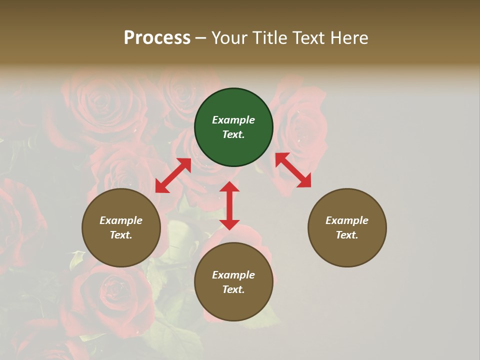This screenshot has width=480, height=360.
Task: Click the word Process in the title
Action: tap(157, 38)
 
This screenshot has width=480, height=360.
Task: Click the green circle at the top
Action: tap(233, 127)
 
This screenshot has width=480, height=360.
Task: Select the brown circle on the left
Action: tap(121, 227)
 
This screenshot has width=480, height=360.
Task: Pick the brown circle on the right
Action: tap(347, 227)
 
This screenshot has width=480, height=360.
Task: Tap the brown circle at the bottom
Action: tap(233, 282)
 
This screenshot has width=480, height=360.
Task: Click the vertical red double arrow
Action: tap(229, 205)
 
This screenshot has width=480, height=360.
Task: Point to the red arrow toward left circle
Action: tap(173, 175)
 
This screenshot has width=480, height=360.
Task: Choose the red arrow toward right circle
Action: tap(293, 170)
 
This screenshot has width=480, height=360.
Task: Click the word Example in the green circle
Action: tap(233, 120)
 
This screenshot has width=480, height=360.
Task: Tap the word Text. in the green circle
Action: tap(233, 134)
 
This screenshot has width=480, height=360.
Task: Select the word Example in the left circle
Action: tap(121, 220)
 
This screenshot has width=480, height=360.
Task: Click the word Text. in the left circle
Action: tap(121, 235)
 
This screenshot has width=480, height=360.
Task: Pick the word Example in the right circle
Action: tap(347, 220)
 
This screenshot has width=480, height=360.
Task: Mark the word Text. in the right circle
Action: tap(347, 235)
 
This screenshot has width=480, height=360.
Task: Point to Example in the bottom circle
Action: tap(233, 275)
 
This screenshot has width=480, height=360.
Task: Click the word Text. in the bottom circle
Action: tap(233, 289)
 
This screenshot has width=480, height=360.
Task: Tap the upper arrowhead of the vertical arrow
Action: tap(229, 187)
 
